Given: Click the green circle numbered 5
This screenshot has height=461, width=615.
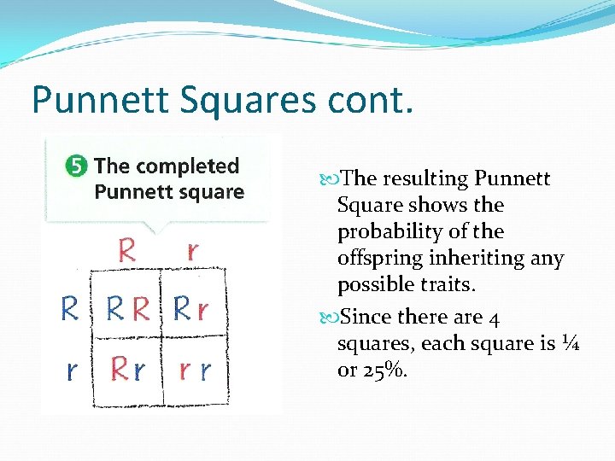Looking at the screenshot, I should click(76, 166).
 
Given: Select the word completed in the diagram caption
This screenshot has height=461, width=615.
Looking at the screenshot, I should click(189, 166).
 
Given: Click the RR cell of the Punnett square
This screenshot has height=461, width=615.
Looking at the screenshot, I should click(128, 309).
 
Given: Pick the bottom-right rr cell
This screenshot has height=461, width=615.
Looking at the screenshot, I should click(195, 370).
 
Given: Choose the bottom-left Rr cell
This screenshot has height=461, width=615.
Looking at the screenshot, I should click(128, 370).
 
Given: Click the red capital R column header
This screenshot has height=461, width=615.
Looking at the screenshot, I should click(126, 251).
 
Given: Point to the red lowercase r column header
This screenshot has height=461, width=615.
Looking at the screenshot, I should click(192, 251).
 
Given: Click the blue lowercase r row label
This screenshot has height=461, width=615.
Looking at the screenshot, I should click(72, 370).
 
